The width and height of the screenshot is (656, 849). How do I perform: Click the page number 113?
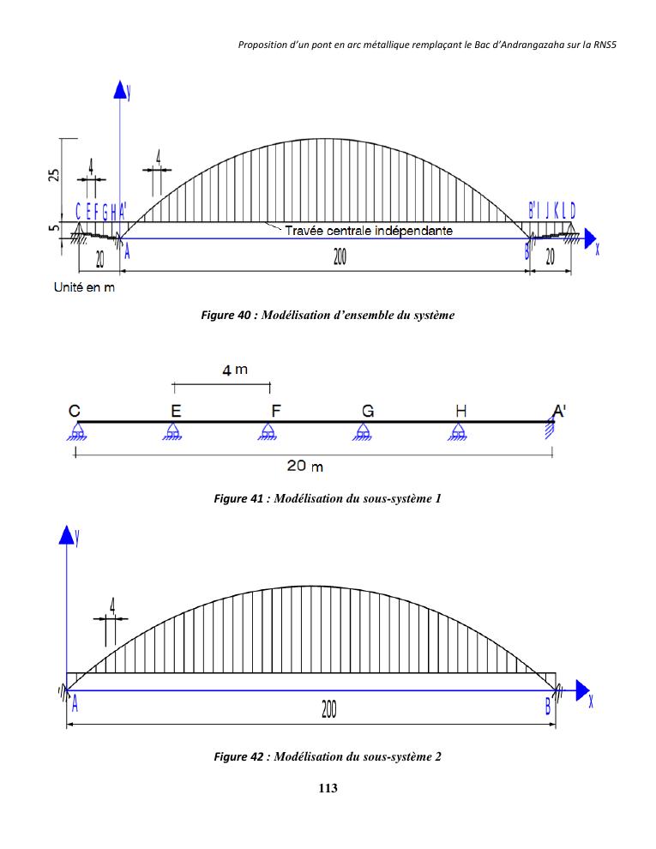(327, 789)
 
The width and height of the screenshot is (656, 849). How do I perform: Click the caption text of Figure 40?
(327, 316)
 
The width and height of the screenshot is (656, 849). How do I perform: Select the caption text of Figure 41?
(327, 498)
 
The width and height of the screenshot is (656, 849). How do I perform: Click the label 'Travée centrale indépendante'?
(369, 231)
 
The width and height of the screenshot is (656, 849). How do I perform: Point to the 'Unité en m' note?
(80, 287)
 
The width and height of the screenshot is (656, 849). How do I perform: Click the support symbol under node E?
(174, 432)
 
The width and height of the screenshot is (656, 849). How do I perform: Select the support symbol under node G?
(365, 432)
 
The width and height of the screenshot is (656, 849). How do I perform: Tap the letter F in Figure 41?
(275, 411)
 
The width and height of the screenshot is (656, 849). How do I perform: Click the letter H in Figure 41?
(461, 411)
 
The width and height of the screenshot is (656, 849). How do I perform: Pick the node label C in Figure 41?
(75, 411)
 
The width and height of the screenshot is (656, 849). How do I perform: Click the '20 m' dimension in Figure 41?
(304, 466)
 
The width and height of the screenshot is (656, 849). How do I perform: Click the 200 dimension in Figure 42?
(328, 711)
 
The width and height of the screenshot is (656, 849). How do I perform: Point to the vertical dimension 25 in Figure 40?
(54, 176)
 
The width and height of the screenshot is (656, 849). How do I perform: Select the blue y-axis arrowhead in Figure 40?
(120, 92)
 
